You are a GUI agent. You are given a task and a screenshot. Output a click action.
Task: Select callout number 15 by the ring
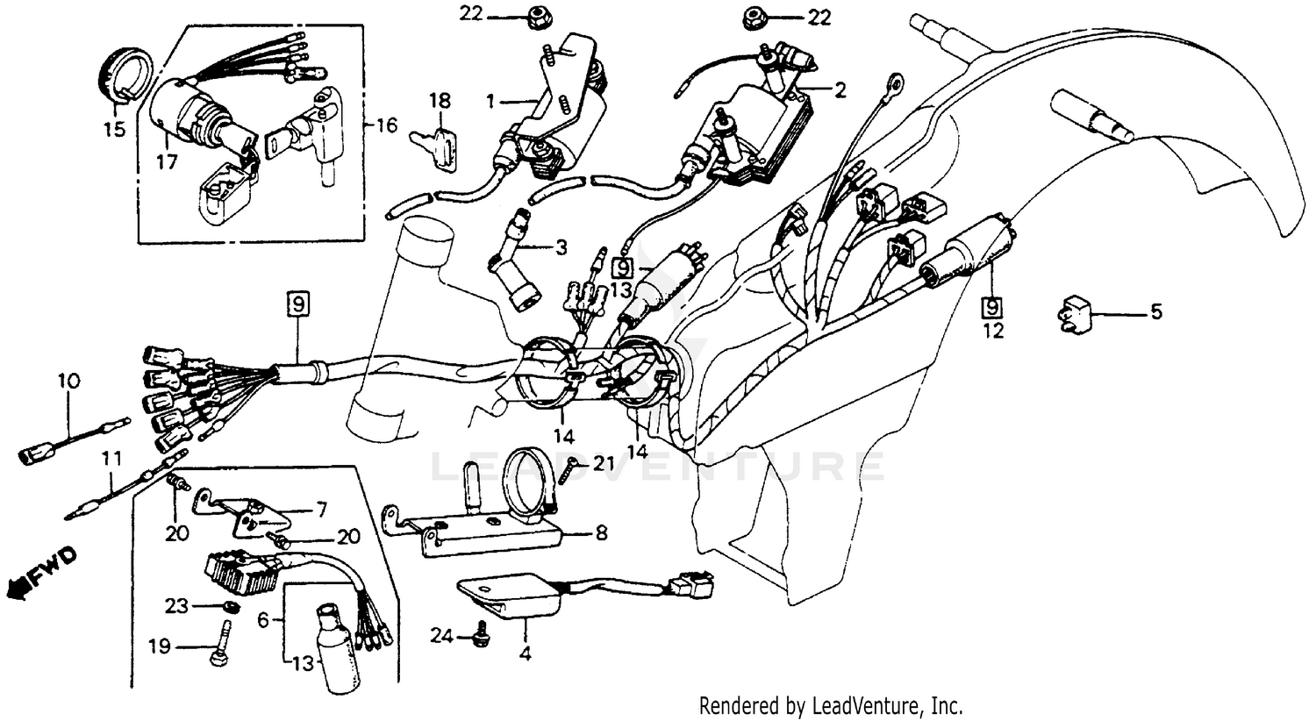(114, 129)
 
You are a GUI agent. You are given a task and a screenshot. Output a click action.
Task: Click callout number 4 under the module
(526, 653)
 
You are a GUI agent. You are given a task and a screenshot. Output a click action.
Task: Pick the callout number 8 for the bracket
(599, 532)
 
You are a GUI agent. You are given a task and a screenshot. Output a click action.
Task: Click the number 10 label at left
(68, 382)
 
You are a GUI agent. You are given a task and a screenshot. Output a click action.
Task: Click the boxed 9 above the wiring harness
(297, 305)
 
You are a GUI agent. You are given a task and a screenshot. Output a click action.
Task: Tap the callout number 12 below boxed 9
(992, 332)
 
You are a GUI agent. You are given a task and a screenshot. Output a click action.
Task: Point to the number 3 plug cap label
(561, 248)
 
